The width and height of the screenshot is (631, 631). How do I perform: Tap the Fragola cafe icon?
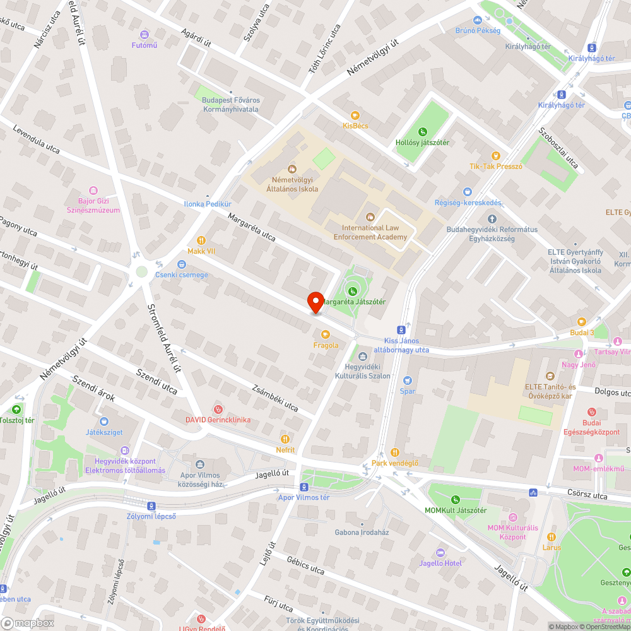(x=326, y=334)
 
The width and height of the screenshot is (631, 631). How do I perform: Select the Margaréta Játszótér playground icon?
(x=352, y=291)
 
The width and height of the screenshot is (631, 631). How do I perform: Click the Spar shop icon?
(x=407, y=380)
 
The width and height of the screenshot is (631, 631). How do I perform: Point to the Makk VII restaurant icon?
(x=201, y=240)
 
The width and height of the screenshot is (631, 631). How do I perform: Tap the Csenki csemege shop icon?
(x=182, y=264)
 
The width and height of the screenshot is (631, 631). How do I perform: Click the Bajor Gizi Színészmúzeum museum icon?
(x=94, y=190)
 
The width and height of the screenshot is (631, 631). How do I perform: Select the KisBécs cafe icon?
(x=355, y=115)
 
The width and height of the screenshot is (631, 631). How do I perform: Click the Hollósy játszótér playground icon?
(x=422, y=131)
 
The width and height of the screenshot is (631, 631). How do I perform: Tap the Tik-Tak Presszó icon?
(x=496, y=155)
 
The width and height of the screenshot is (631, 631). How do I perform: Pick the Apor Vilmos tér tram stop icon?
(x=304, y=487)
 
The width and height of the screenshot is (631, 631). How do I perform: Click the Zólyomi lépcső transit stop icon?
(x=151, y=505)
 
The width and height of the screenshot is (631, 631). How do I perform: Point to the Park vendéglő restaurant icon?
(x=395, y=452)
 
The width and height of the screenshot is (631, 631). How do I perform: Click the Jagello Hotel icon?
(x=440, y=552)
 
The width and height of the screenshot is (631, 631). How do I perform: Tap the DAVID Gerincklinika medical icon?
(x=218, y=409)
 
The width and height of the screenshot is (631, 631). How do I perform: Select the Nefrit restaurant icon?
(x=285, y=439)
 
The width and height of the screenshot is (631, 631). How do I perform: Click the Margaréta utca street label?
(x=252, y=227)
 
